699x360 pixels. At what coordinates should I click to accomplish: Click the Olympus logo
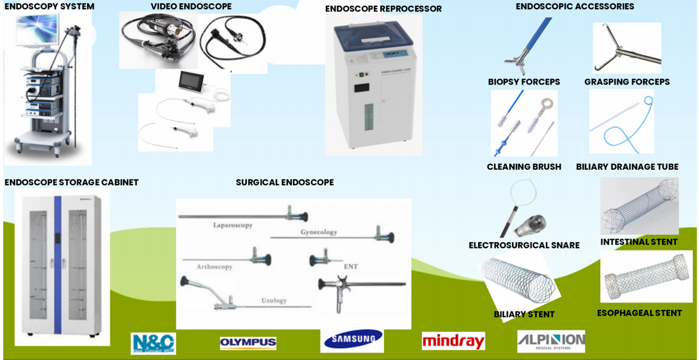[x=248, y=343]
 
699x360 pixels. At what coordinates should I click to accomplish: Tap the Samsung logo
[x=352, y=340]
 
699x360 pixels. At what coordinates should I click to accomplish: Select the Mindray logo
[x=453, y=341]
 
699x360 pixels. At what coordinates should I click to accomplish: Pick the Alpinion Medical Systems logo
[x=551, y=341]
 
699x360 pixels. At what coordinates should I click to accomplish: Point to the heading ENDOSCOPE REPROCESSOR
[x=383, y=9]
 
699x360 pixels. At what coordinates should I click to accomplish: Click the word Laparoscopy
[x=232, y=225]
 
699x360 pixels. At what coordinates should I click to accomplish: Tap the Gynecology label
[x=319, y=232]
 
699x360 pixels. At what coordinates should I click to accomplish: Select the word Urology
[x=274, y=300]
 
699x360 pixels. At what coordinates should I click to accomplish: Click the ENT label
[x=351, y=266]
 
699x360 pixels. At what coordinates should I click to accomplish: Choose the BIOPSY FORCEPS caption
[x=524, y=82]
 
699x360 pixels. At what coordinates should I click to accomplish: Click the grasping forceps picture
[x=626, y=48]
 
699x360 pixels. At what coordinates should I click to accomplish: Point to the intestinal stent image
[x=639, y=206]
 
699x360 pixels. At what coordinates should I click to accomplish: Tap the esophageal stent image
[x=646, y=276]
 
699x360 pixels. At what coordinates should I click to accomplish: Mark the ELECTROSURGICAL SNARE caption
[x=524, y=246]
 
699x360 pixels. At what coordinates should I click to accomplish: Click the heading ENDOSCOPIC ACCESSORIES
[x=575, y=6]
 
